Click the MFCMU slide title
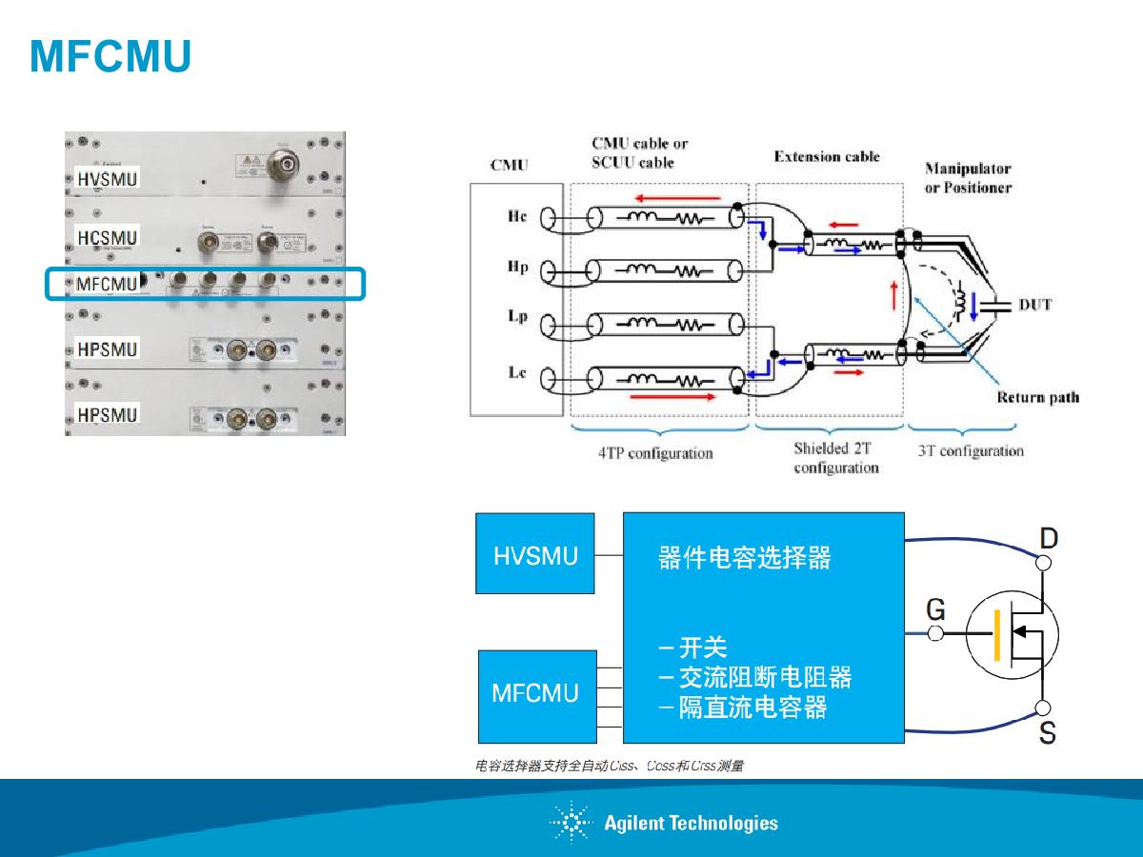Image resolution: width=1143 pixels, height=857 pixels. (x=110, y=57)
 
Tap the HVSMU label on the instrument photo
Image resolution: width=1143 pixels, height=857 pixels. (x=108, y=178)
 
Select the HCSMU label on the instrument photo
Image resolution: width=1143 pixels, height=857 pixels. (x=108, y=237)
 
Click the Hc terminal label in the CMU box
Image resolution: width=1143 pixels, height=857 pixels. (x=517, y=217)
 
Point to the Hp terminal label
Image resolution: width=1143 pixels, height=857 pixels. (x=517, y=269)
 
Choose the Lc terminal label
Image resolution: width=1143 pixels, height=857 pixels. (x=517, y=373)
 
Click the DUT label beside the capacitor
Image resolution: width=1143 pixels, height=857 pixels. (x=1035, y=305)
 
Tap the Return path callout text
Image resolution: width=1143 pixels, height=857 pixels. (x=1037, y=397)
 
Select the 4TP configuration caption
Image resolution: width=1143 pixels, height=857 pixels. (x=655, y=453)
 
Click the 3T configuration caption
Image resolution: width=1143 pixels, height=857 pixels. (x=970, y=450)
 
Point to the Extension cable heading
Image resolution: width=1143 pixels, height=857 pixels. (x=827, y=156)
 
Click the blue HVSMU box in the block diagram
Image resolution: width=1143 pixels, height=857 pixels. (x=535, y=553)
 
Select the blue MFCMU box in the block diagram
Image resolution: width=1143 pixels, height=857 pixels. (x=536, y=696)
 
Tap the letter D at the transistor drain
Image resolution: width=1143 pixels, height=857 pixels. (x=1048, y=539)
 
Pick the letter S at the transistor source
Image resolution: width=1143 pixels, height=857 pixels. (x=1047, y=734)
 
